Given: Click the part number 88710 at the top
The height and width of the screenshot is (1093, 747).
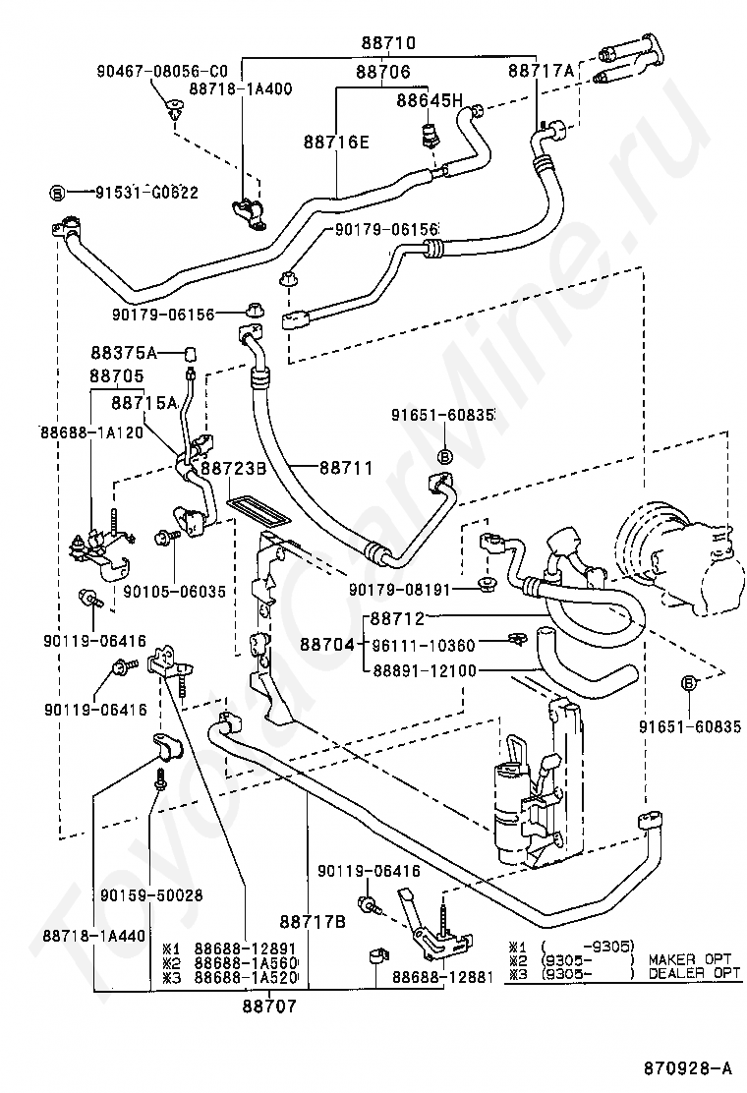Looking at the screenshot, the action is point(388,42).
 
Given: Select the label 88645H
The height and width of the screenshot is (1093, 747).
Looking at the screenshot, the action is point(430,100).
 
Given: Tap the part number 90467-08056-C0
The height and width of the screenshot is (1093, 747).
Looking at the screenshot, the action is point(161,71).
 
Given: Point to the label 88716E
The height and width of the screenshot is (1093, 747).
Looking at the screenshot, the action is point(336,143).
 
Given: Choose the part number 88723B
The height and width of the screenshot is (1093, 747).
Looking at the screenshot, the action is point(234,468).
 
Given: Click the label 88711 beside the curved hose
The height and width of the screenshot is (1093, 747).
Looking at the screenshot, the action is point(346,467).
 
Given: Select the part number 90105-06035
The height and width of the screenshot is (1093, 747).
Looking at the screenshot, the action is point(175,591).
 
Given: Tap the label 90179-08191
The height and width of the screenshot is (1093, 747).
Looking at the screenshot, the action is point(400,590).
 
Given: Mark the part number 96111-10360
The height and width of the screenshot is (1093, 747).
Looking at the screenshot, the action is point(423,645).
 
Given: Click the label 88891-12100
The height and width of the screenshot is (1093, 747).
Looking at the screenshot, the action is point(425,670).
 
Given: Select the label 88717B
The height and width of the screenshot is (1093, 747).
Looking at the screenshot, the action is point(313,922).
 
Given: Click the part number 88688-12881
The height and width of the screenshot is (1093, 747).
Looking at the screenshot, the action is point(442,977).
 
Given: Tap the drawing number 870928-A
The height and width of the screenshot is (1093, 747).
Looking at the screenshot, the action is point(688,1067).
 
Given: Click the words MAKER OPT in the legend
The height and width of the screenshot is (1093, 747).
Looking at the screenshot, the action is point(690,959).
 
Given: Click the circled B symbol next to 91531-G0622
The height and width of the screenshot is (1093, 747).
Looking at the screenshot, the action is point(58,193).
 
